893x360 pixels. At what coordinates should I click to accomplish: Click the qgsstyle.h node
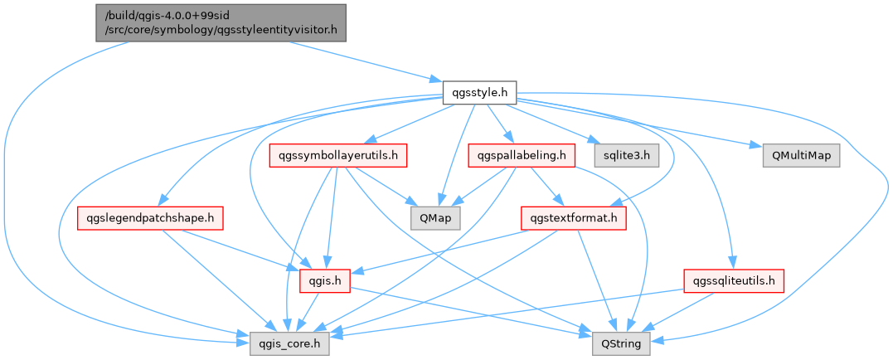point(480,92)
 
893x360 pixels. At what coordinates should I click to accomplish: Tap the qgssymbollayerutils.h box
point(338,155)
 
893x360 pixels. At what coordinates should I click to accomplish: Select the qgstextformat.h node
point(573,218)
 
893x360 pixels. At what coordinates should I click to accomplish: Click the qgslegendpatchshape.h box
point(151,218)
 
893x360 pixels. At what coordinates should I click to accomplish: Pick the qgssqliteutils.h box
point(734,281)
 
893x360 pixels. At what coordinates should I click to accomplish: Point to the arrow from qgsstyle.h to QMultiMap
point(647,125)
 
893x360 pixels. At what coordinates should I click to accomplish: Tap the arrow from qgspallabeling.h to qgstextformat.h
point(546,186)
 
